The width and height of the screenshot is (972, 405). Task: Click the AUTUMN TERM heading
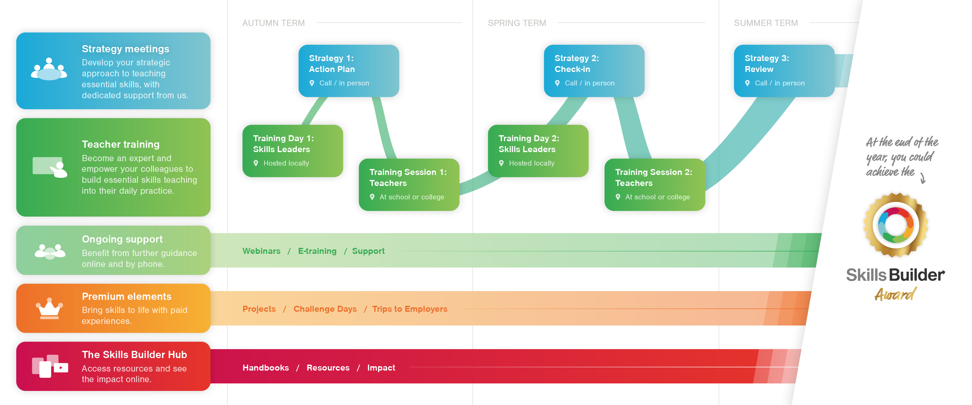click(273, 23)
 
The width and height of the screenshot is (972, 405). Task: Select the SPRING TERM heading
click(517, 23)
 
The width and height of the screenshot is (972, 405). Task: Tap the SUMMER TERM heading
click(766, 23)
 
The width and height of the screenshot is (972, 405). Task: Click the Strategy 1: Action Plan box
click(348, 71)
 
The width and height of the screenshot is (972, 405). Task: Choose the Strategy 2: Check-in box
click(594, 71)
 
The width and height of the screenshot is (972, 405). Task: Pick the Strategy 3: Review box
click(784, 71)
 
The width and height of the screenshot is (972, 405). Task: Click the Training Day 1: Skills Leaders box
click(292, 151)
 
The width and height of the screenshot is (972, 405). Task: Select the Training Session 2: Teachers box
click(654, 185)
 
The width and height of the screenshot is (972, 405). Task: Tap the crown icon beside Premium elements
click(49, 308)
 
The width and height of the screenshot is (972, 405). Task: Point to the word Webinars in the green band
click(261, 251)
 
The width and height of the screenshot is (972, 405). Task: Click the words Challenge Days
click(325, 309)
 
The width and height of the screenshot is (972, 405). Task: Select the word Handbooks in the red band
click(265, 368)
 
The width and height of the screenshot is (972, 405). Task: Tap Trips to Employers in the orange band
click(409, 309)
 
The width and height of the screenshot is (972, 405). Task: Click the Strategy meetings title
click(125, 49)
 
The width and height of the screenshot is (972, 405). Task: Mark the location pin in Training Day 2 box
click(501, 163)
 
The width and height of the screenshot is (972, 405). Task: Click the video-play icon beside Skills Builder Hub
click(61, 367)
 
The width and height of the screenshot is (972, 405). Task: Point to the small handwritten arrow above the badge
click(923, 178)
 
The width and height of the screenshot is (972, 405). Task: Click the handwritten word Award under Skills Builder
click(895, 294)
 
